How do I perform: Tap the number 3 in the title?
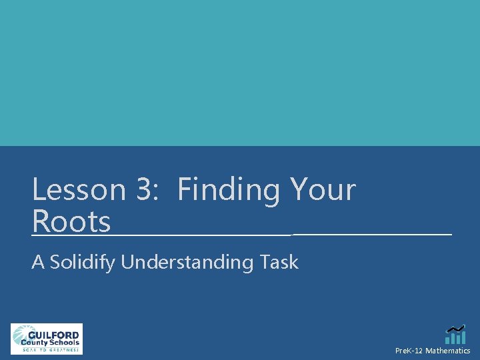pyautogui.click(x=144, y=190)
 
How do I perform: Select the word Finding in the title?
pyautogui.click(x=229, y=191)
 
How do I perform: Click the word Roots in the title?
pyautogui.click(x=71, y=222)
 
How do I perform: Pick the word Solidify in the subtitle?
pyautogui.click(x=83, y=263)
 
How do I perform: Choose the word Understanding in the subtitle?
pyautogui.click(x=187, y=263)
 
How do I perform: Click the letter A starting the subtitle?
pyautogui.click(x=37, y=262)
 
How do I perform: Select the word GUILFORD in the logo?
pyautogui.click(x=53, y=335)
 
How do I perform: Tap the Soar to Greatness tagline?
pyautogui.click(x=51, y=349)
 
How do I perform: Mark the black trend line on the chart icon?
pyautogui.click(x=456, y=328)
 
